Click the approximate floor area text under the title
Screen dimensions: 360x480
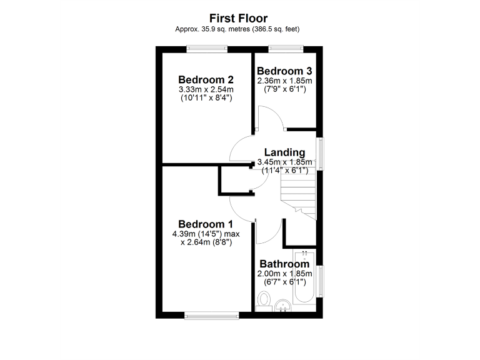click(x=240, y=29)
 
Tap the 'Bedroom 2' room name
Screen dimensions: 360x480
click(x=206, y=80)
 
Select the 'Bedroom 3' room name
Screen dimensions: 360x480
click(x=284, y=70)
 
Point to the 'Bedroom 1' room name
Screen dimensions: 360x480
click(x=206, y=224)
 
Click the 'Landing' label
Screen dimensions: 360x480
click(x=284, y=152)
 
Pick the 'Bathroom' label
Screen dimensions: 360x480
click(x=284, y=264)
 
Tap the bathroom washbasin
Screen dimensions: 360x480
click(x=283, y=306)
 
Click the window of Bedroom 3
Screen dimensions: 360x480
click(x=286, y=48)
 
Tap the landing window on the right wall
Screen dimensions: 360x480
click(x=321, y=153)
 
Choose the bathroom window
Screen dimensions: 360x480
click(x=321, y=282)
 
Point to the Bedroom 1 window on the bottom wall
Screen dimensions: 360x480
click(x=212, y=314)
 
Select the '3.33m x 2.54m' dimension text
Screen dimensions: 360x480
click(x=206, y=89)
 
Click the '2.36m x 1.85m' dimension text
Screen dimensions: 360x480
click(x=284, y=81)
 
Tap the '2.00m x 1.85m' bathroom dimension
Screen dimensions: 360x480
click(x=284, y=274)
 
